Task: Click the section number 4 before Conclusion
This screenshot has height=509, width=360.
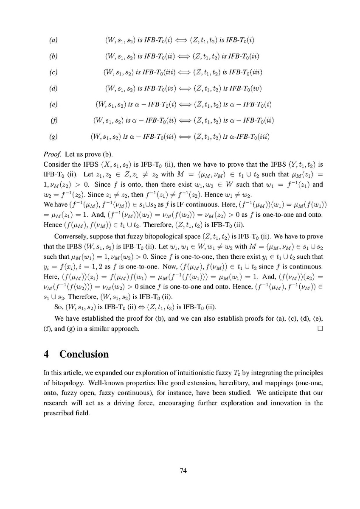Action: (47, 354)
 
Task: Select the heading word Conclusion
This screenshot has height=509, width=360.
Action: (84, 354)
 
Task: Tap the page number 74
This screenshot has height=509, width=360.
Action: (183, 470)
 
